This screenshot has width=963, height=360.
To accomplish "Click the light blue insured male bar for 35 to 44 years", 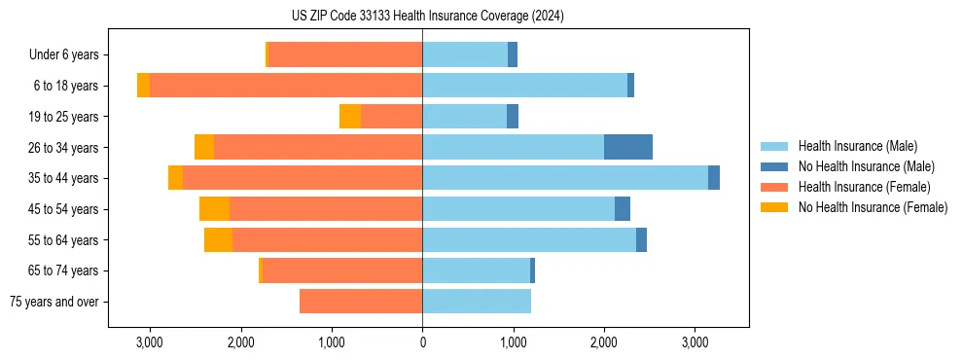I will pos(564,178).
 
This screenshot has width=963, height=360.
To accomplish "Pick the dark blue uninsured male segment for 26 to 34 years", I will pos(627,147).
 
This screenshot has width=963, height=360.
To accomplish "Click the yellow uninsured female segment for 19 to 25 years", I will pos(350,117).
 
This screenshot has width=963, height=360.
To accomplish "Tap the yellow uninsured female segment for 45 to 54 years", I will pos(214,209).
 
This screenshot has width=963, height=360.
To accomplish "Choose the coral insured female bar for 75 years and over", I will pos(361,302).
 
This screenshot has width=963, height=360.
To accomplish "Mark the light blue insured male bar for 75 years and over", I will pos(477,302).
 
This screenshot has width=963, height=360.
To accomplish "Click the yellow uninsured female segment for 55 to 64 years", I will pos(218,239).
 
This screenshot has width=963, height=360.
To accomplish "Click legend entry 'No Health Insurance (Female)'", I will pos(873,207).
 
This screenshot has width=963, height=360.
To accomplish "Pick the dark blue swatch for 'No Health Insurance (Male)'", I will pos(774,166).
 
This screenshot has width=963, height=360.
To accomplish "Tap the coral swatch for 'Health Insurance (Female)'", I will pos(774,187).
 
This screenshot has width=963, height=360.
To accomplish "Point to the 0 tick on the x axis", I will pos(422,342).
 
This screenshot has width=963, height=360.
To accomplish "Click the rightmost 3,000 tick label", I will pos(695,342).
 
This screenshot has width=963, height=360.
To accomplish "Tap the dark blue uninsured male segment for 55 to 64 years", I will pos(641,239).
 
